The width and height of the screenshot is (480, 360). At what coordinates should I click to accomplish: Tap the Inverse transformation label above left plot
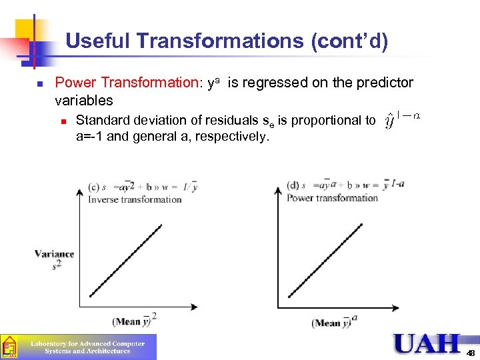point(135,199)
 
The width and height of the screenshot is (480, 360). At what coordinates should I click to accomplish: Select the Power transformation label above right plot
point(332,197)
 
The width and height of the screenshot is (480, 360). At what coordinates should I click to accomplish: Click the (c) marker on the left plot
point(95,187)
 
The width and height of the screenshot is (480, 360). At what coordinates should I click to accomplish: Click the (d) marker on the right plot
point(293,185)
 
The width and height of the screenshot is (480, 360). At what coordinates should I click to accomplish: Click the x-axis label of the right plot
point(334,322)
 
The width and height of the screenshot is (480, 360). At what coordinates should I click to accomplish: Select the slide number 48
point(471,353)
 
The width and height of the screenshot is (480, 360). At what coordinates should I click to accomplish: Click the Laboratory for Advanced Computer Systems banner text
point(88,347)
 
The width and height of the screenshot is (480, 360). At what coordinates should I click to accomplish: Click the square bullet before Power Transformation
point(40,84)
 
